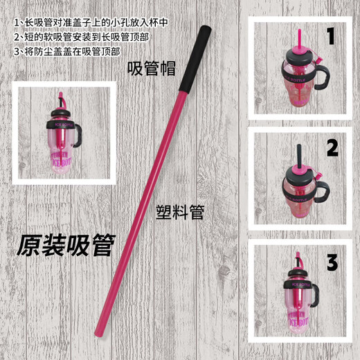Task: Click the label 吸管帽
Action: [152, 69]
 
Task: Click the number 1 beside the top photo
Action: [331, 35]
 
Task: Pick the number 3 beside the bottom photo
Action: [332, 262]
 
